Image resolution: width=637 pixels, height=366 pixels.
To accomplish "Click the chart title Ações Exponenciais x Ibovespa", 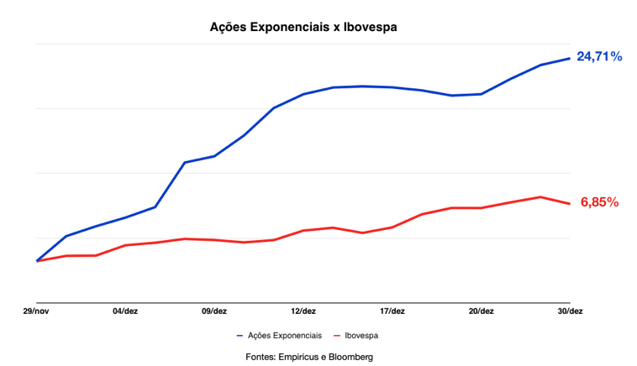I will click(303, 28).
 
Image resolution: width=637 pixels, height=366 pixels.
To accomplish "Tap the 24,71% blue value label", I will click(599, 57).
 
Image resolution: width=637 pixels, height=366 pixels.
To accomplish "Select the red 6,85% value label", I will click(599, 202).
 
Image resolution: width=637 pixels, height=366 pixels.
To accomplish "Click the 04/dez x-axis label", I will click(125, 311).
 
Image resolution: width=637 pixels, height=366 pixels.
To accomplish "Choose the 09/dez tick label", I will click(214, 311).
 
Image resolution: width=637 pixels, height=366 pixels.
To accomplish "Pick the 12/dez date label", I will click(303, 311).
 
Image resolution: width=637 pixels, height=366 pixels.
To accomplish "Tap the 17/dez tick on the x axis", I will click(392, 311).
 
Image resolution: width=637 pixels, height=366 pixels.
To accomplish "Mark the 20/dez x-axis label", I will click(481, 311).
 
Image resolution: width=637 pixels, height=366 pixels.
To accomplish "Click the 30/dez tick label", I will click(570, 311).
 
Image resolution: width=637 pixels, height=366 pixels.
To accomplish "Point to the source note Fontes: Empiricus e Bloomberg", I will click(309, 357).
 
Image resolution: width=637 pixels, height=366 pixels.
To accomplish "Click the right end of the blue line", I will click(570, 58).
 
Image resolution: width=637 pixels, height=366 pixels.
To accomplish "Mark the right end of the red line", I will click(570, 203).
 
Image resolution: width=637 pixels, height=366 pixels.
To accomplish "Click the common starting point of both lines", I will click(37, 261).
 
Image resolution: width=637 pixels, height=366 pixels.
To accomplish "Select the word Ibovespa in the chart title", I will click(368, 28).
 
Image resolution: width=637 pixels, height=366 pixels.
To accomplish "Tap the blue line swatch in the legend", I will click(240, 336).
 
